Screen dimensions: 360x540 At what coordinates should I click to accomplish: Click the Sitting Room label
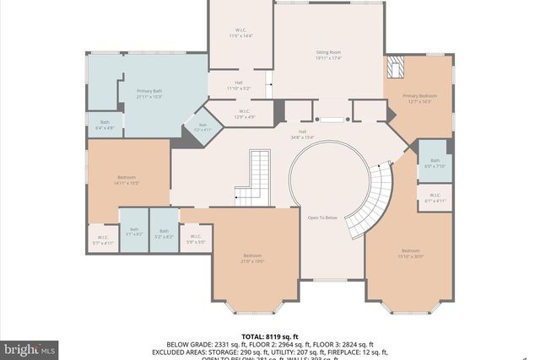(327, 55)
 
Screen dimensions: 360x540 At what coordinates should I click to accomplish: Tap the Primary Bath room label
(149, 94)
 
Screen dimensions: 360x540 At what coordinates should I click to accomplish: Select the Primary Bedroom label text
(417, 99)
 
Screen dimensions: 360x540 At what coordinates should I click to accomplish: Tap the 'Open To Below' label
(321, 217)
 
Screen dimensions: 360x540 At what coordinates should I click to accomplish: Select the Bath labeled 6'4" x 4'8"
(105, 125)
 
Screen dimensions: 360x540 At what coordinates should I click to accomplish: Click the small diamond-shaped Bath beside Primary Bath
(202, 127)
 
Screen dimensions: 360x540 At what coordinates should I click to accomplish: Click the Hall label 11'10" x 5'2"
(240, 85)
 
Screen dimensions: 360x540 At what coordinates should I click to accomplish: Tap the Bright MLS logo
(30, 348)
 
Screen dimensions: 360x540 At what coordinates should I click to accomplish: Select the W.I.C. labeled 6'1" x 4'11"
(435, 198)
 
